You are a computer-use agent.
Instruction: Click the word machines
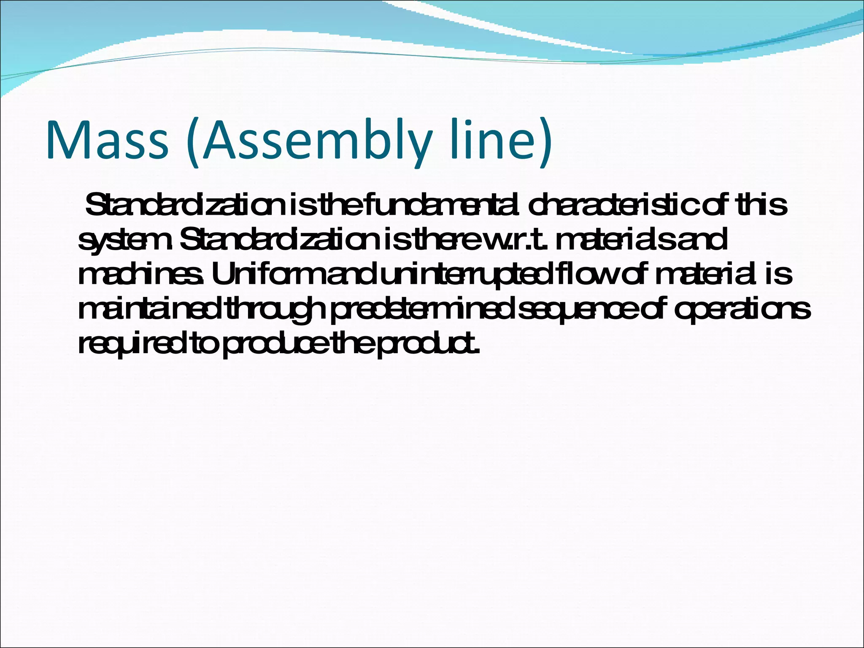[141, 274]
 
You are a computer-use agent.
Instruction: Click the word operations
[742, 310]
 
